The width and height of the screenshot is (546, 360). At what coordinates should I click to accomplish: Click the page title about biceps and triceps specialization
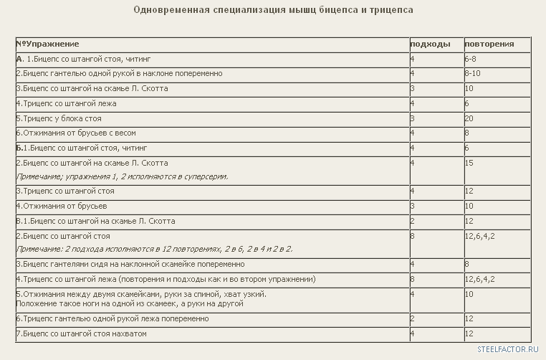pyautogui.click(x=273, y=10)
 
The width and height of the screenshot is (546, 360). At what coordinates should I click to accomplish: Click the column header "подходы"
pyautogui.click(x=430, y=44)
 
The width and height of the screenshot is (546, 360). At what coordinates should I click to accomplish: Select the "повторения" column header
pyautogui.click(x=489, y=44)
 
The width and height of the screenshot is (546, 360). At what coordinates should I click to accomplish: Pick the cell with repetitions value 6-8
pyautogui.click(x=471, y=59)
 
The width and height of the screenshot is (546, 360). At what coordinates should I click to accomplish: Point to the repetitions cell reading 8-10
pyautogui.click(x=472, y=74)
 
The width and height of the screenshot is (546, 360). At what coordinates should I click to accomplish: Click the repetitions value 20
pyautogui.click(x=469, y=118)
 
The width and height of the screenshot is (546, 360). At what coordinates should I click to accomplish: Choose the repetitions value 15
pyautogui.click(x=469, y=163)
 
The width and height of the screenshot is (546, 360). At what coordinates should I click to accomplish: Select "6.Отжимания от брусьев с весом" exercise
pyautogui.click(x=76, y=133)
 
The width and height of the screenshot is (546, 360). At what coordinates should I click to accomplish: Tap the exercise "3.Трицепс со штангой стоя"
pyautogui.click(x=65, y=191)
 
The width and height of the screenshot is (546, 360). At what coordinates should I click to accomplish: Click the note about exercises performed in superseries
pyautogui.click(x=122, y=176)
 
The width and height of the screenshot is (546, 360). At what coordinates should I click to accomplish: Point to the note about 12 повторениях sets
pyautogui.click(x=154, y=250)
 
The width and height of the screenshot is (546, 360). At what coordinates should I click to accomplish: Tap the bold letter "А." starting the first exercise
pyautogui.click(x=19, y=59)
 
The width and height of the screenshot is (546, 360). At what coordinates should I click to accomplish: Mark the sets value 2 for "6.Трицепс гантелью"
pyautogui.click(x=413, y=318)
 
